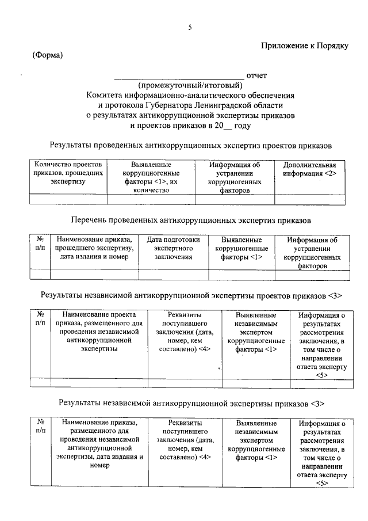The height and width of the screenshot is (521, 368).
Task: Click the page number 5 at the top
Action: click(x=189, y=27)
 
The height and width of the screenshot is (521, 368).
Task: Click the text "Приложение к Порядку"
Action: click(x=304, y=45)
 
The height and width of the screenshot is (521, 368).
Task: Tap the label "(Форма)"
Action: click(x=47, y=55)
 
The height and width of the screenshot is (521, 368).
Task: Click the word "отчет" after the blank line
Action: click(x=256, y=75)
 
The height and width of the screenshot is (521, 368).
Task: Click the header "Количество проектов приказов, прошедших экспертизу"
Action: click(x=68, y=173)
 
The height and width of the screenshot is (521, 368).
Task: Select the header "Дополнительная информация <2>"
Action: click(x=310, y=169)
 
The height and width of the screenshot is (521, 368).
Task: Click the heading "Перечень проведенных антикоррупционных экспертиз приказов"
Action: click(x=190, y=220)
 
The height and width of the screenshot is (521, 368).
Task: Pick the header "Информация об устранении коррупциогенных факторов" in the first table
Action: click(x=234, y=177)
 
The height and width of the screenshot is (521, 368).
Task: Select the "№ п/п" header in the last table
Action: click(x=40, y=427)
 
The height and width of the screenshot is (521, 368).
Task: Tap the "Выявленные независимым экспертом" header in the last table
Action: click(x=256, y=440)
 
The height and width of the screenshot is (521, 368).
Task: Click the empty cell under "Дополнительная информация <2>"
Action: click(x=310, y=200)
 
